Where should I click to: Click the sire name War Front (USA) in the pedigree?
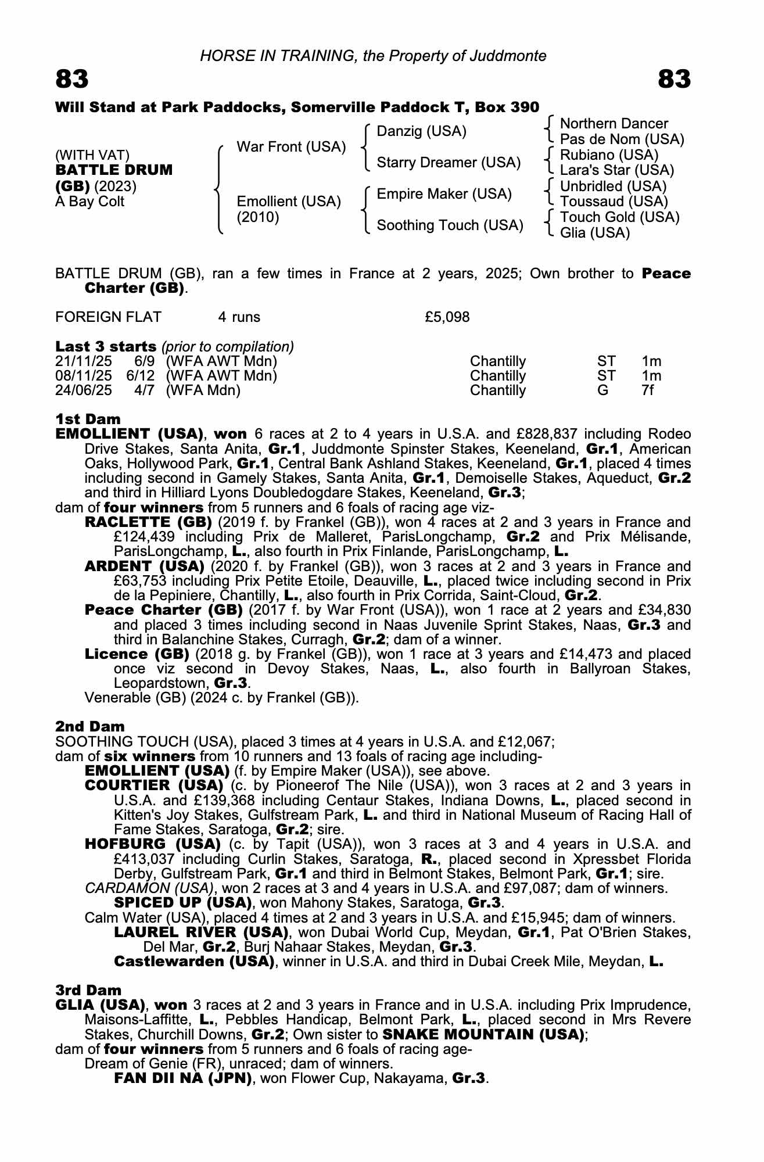[x=291, y=147]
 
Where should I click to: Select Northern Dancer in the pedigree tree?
[x=614, y=124]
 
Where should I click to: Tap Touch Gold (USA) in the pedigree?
[x=619, y=217]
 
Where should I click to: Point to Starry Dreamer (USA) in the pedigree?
[x=449, y=163]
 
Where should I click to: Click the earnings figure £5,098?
[x=447, y=317]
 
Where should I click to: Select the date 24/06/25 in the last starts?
[x=84, y=390]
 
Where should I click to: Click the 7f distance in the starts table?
[x=648, y=390]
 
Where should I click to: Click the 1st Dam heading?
[x=88, y=419]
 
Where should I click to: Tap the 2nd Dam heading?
[x=90, y=726]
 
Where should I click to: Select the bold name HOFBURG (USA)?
[x=152, y=844]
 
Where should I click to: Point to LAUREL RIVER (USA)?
[x=201, y=933]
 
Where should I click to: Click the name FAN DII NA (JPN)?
[x=182, y=1079]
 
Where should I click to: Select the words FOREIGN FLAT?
[x=108, y=317]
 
